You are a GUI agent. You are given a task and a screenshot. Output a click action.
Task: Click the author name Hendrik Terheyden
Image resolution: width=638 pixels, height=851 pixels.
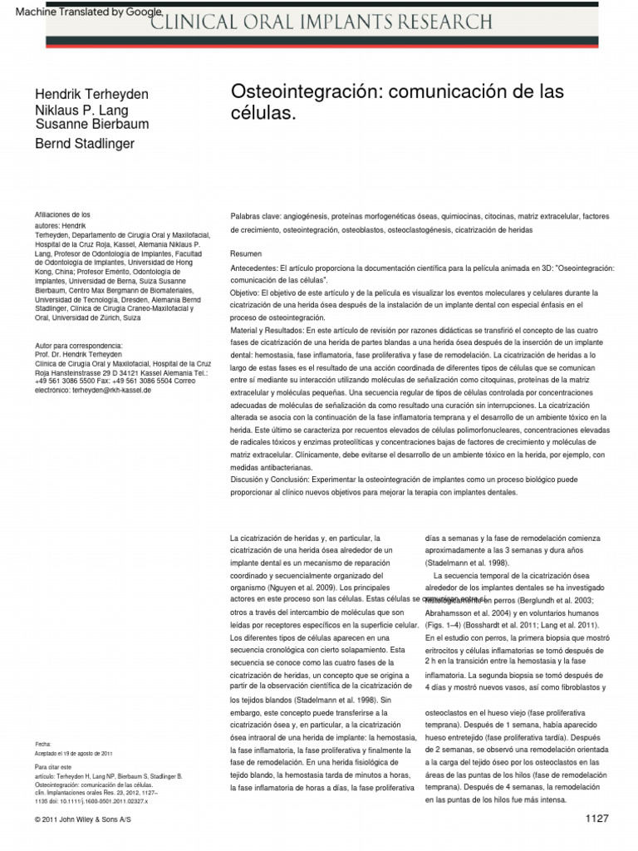coord(91,95)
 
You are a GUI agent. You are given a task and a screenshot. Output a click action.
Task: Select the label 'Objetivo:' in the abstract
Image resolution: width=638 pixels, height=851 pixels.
coord(245,293)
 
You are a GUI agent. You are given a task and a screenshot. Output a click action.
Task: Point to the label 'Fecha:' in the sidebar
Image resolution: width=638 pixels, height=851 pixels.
coord(43,742)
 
